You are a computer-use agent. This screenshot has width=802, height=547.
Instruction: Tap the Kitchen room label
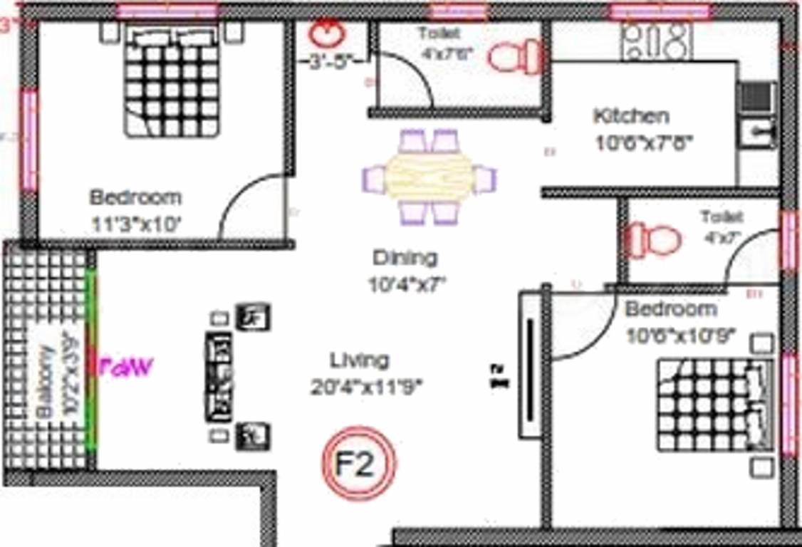click(x=631, y=115)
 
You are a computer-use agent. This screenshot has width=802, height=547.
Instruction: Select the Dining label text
click(x=405, y=257)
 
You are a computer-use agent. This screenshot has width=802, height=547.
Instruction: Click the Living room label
click(x=360, y=360)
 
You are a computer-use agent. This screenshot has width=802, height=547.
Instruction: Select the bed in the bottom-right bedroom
click(x=714, y=404)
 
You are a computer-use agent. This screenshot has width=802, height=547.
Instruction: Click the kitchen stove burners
click(x=656, y=40)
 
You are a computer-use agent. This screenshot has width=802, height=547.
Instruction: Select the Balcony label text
click(x=44, y=382)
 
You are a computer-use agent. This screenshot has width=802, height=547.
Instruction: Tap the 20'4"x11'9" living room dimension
click(x=367, y=387)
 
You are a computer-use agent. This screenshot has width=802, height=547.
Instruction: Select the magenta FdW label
click(x=126, y=368)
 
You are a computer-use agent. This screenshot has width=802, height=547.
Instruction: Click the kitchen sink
click(x=756, y=132)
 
